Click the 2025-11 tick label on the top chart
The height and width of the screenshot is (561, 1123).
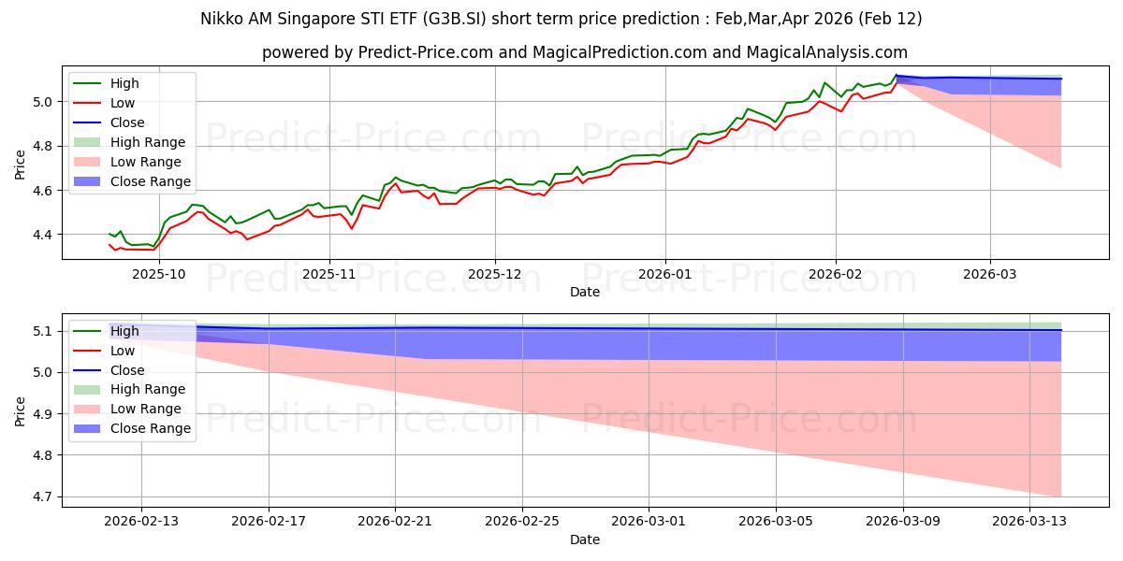point(328,275)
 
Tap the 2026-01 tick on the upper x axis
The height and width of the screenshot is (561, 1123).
point(664,275)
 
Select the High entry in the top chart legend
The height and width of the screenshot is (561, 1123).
point(124,84)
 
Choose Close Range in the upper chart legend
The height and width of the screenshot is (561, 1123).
point(150,181)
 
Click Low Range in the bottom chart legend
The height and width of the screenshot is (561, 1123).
point(146,409)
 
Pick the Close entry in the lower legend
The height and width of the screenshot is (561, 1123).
point(127,370)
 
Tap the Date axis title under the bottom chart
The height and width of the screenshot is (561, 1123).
point(585,539)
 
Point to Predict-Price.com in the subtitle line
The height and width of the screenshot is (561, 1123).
point(426,53)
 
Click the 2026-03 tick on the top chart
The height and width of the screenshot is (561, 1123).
point(990,275)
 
